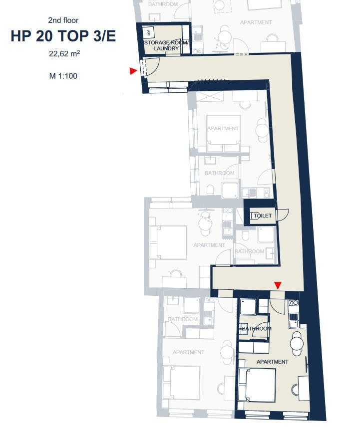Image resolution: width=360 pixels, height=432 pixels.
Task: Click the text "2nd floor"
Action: pyautogui.click(x=63, y=20)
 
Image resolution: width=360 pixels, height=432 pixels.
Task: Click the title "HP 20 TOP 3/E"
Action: pyautogui.click(x=63, y=36)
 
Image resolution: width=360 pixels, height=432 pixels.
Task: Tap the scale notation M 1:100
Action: pyautogui.click(x=63, y=76)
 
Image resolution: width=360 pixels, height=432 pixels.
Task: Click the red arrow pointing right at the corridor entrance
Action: pyautogui.click(x=133, y=71)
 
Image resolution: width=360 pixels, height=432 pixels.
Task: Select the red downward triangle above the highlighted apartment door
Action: pyautogui.click(x=278, y=285)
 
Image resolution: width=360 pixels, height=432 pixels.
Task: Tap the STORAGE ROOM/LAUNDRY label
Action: pyautogui.click(x=166, y=45)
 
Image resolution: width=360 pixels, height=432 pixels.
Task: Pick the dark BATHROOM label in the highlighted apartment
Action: pyautogui.click(x=257, y=329)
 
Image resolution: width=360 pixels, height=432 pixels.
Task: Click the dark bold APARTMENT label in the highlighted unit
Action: pyautogui.click(x=272, y=362)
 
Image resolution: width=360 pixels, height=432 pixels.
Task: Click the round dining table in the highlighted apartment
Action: pyautogui.click(x=297, y=343)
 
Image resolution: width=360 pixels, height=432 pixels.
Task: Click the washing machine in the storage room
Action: pyautogui.click(x=149, y=33)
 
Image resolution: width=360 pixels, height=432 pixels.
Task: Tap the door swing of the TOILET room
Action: pyautogui.click(x=282, y=215)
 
